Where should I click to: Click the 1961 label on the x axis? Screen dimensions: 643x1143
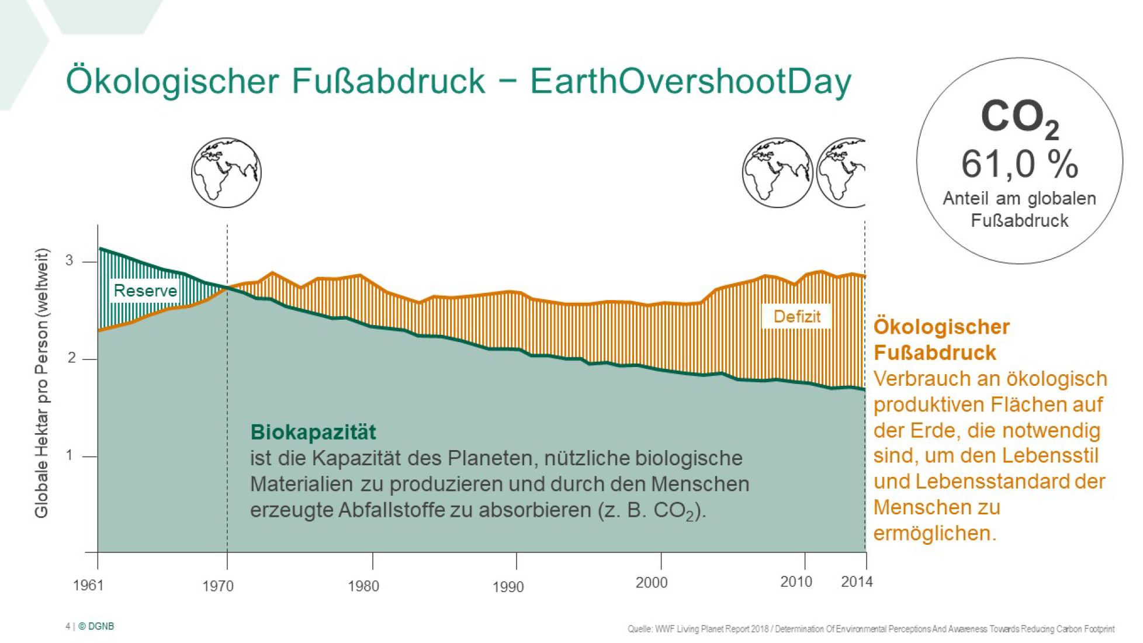[88, 585]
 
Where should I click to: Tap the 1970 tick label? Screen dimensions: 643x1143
[217, 586]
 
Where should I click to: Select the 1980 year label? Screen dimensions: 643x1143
[363, 586]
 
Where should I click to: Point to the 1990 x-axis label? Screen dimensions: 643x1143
[508, 587]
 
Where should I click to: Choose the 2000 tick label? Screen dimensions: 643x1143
[651, 582]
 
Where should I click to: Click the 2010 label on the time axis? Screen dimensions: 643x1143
[796, 582]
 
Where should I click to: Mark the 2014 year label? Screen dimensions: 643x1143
[856, 582]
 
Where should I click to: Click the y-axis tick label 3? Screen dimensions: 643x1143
[70, 261]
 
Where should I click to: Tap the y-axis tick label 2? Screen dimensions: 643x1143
[71, 358]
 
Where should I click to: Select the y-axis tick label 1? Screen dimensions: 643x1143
[70, 455]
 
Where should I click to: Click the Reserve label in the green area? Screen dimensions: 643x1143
[145, 291]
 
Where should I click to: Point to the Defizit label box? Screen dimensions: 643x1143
[796, 316]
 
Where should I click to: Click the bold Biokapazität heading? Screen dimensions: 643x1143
[313, 432]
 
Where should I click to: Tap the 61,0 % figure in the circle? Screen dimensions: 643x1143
[1019, 164]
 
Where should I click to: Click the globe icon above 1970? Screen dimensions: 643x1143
[226, 173]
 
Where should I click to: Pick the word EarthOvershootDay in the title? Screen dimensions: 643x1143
[690, 81]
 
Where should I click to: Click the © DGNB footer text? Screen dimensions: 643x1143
[96, 626]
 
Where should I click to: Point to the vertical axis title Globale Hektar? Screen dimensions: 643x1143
[41, 383]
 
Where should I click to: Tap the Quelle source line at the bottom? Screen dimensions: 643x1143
[871, 629]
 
